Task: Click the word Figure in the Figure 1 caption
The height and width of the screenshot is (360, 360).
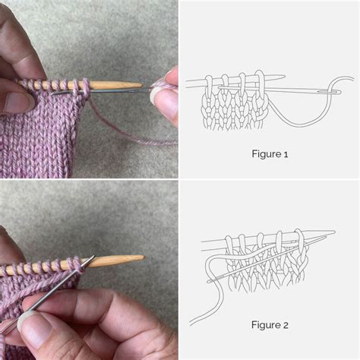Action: (264, 153)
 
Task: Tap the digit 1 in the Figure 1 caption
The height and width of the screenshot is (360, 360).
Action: (286, 153)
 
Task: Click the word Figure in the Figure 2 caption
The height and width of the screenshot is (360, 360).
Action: (264, 325)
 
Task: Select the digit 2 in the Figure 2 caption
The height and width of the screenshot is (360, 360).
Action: (286, 325)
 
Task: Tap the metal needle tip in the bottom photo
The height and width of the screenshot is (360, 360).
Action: (91, 260)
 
